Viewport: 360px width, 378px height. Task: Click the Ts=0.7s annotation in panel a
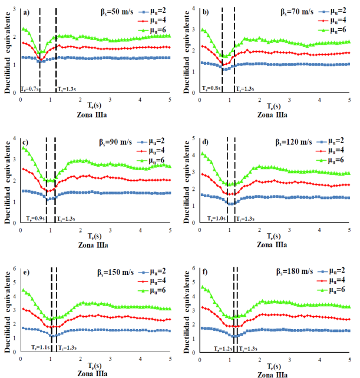29,88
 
